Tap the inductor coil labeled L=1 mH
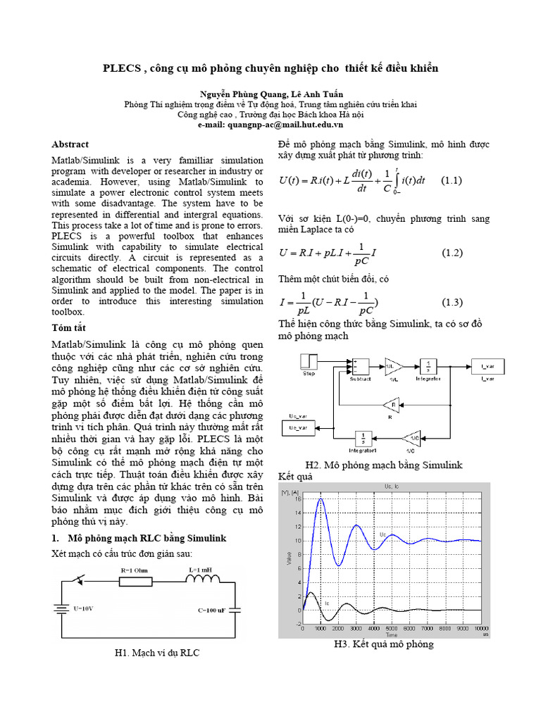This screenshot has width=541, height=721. tap(203, 581)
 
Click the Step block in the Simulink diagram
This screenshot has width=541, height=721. tap(309, 364)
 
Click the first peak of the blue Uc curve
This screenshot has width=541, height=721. tap(321, 499)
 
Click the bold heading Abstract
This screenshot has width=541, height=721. tap(70, 144)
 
